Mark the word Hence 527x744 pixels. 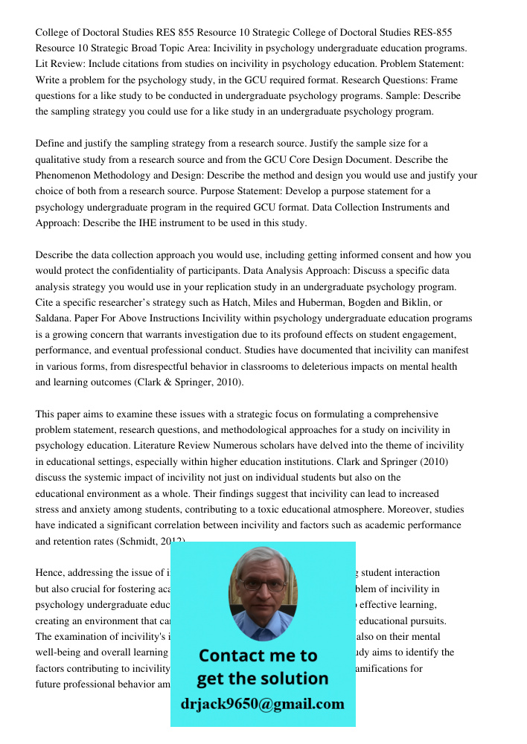pyautogui.click(x=50, y=573)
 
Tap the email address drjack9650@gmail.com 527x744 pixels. pyautogui.click(x=263, y=704)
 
